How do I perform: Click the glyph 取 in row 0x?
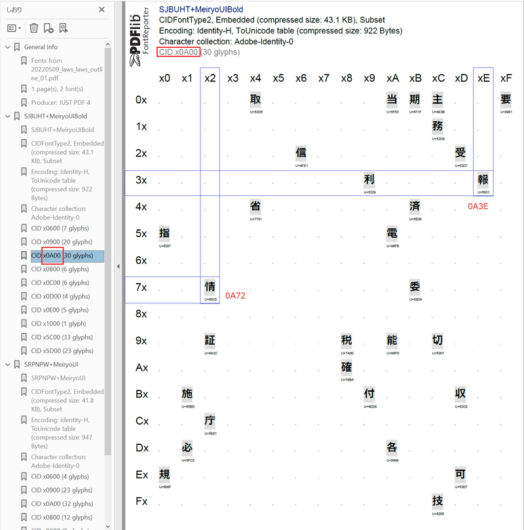255,100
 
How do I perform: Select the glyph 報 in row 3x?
483,180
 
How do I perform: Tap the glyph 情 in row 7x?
210,287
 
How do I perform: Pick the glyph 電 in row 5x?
392,233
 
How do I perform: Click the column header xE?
483,78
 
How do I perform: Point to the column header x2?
210,78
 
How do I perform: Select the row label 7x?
141,287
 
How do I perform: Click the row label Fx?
141,501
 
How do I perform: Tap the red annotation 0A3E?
477,206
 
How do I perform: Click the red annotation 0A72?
235,296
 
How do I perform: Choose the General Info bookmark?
41,47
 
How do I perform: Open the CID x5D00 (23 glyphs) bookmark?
62,350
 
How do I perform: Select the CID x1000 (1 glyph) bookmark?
58,324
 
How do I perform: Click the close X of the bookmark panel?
102,10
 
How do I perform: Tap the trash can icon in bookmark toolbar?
34,28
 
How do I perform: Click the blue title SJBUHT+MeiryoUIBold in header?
201,10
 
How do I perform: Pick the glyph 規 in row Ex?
164,474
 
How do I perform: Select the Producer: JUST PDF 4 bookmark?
60,102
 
